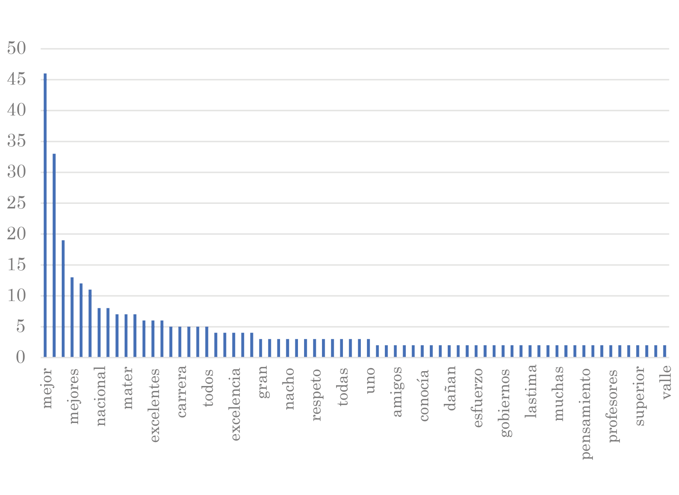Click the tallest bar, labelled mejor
(x=45, y=215)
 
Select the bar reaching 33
(x=54, y=255)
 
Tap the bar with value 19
(x=63, y=298)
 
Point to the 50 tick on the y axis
(x=17, y=48)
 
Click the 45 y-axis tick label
(x=17, y=79)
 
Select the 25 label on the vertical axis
(x=17, y=203)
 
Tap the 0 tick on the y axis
(x=21, y=357)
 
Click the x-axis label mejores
(x=74, y=396)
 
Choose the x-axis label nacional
(x=100, y=396)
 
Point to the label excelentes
(x=154, y=405)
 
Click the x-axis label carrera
(x=181, y=391)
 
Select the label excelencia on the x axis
(x=235, y=404)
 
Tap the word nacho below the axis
(x=289, y=388)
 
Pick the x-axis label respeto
(x=316, y=394)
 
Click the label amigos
(x=397, y=392)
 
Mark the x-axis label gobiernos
(x=505, y=402)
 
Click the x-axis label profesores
(x=613, y=405)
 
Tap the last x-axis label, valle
(x=666, y=382)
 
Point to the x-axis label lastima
(x=532, y=391)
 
